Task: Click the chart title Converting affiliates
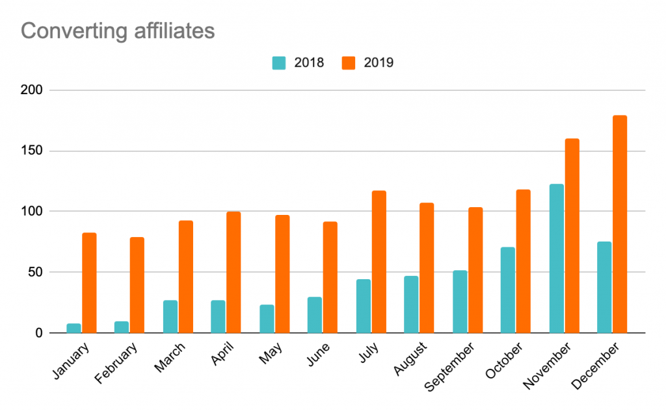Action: pos(118,31)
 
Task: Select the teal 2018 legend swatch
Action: pos(278,63)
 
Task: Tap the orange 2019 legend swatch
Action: pos(348,63)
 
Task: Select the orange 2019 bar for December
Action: pos(620,224)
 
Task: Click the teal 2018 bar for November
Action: pos(556,258)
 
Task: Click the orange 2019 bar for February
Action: pos(137,285)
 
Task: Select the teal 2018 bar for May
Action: pos(267,318)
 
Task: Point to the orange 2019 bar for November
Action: pos(572,236)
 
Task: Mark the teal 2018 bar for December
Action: pos(604,287)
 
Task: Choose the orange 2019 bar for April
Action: pos(233,272)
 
